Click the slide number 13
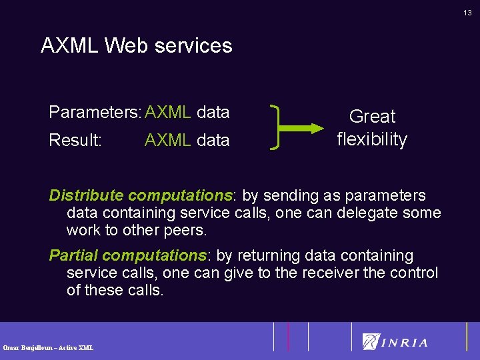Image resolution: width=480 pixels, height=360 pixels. click(468, 13)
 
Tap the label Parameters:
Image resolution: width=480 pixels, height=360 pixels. click(95, 113)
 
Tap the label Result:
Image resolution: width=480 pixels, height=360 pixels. click(75, 141)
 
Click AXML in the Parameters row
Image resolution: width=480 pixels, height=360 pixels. click(167, 113)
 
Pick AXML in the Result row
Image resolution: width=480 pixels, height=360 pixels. click(167, 141)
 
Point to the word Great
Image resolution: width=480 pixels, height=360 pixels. click(372, 117)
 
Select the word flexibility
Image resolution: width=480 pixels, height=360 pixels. click(372, 139)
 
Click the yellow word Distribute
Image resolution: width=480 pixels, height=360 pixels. click(86, 195)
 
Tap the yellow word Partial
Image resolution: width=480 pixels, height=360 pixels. click(74, 255)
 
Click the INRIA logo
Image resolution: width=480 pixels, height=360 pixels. click(395, 342)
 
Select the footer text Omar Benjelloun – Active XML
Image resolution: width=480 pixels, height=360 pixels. click(48, 347)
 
